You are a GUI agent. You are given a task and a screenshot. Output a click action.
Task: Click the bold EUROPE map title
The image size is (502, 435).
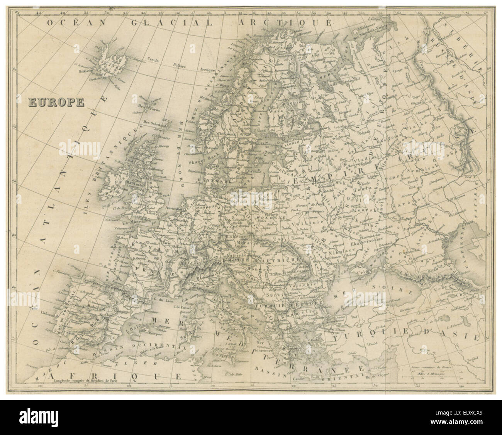56,102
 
